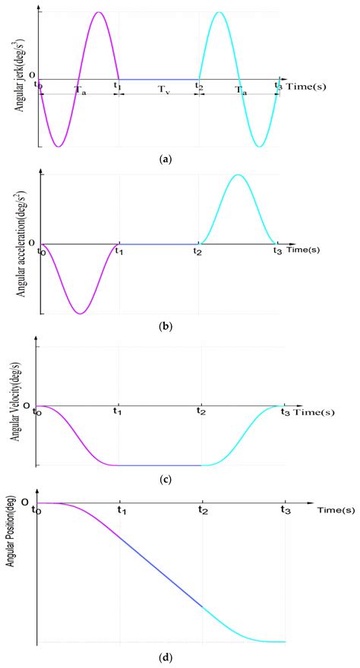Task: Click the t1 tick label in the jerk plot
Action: point(118,86)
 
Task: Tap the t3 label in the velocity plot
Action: point(286,412)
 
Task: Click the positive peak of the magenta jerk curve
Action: point(97,13)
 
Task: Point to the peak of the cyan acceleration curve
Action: point(238,175)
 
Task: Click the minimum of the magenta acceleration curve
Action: point(78,313)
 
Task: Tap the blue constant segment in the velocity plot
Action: point(158,465)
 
